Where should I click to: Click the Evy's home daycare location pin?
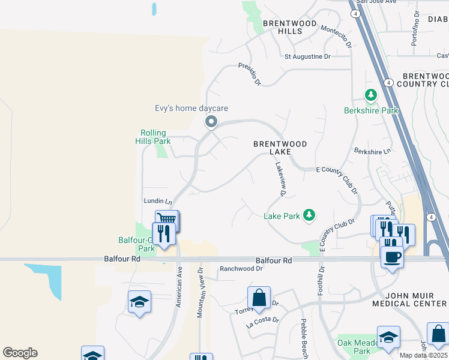click(211, 122)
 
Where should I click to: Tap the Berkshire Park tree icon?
click(371, 95)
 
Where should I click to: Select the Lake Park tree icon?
click(309, 215)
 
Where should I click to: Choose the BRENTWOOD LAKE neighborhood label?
click(280, 148)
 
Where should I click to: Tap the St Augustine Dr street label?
click(307, 57)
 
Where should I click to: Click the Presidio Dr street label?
click(250, 74)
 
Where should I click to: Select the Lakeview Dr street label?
click(279, 179)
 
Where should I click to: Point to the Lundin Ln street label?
click(158, 202)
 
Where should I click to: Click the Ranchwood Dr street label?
click(242, 269)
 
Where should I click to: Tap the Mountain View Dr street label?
click(201, 293)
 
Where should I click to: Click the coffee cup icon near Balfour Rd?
click(392, 257)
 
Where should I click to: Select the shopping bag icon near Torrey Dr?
click(259, 297)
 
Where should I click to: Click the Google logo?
click(20, 353)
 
